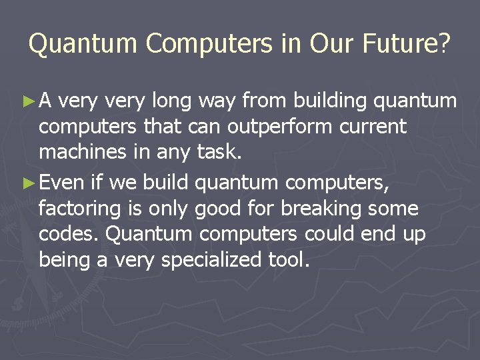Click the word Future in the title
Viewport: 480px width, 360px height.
398,44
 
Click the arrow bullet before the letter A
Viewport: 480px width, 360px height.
28,101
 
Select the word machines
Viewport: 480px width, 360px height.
84,152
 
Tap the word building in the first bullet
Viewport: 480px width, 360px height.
331,101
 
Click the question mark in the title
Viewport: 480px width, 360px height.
444,44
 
